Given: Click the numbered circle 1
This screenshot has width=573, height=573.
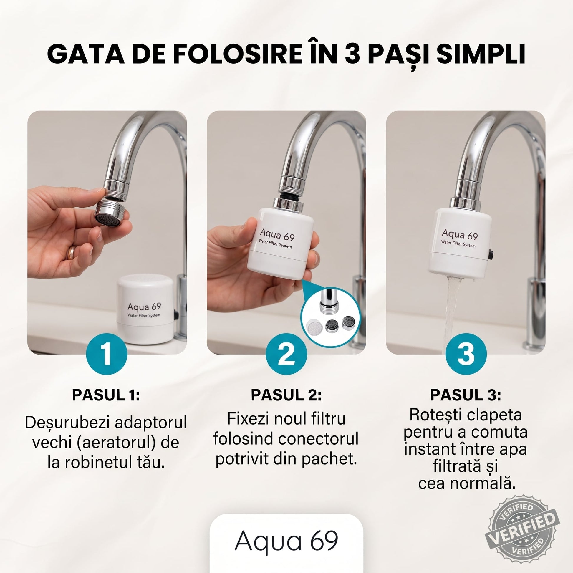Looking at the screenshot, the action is pos(107,354).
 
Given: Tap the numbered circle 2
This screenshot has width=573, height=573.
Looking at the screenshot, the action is pos(286,354).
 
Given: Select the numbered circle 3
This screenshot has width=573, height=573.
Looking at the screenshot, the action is pos(466,354).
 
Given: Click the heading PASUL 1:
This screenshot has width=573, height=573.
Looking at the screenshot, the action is pos(106,395).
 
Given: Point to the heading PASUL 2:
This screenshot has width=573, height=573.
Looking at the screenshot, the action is pos(286,395).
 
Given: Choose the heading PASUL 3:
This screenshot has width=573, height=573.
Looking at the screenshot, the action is pos(466,395).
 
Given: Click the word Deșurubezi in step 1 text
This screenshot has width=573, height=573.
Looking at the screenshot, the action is pos(67,423).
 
